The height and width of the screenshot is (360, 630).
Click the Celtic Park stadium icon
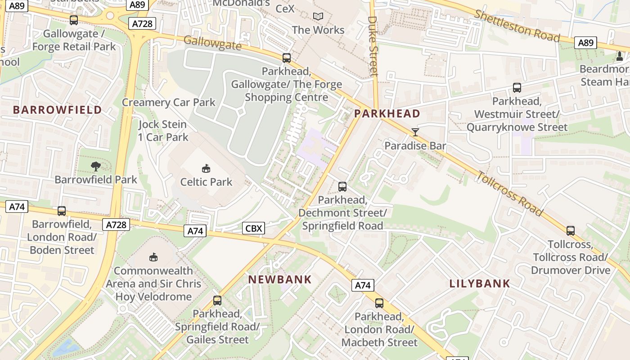coord(206,169)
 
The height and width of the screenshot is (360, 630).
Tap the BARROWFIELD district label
coord(57,110)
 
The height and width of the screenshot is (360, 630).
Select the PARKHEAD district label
coord(387,113)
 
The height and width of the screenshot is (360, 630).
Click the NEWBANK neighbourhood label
coord(280,279)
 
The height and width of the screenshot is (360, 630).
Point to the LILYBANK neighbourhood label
coord(480,283)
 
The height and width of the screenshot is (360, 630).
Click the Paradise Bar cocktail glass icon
coord(415,132)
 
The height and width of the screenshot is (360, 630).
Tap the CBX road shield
coord(253,229)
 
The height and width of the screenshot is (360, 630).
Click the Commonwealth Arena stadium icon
coord(153,257)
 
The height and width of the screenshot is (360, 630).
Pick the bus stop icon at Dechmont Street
coord(342,186)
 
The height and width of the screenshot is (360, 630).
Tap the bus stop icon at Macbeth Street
coord(379,303)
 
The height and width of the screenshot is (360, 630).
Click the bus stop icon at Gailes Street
coord(217,300)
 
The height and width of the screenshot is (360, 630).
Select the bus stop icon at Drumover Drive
coord(571,231)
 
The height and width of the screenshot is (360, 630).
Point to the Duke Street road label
coord(373,46)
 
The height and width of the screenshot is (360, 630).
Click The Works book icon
coord(318,17)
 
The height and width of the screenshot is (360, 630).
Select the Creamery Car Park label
coord(169,102)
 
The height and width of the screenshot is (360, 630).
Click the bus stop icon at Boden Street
coord(62,211)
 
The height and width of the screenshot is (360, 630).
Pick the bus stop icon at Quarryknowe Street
coord(517,88)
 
